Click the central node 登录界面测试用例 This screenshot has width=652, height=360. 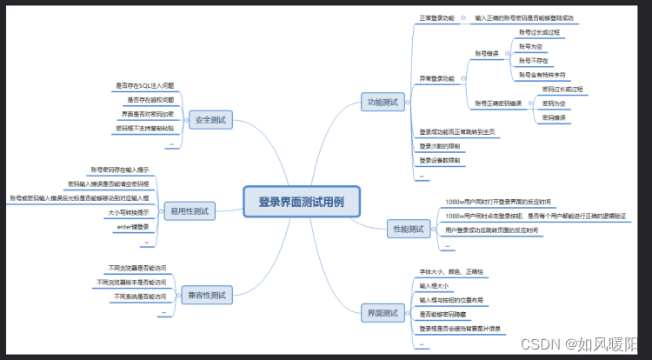[302, 202]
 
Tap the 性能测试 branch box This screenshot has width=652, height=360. [407, 229]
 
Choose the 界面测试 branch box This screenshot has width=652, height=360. [382, 312]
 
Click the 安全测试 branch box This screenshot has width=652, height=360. [210, 120]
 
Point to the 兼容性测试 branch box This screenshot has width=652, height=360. [205, 296]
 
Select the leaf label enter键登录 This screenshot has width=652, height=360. [133, 227]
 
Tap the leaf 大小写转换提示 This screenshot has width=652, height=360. [129, 211]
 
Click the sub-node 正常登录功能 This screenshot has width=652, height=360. [437, 17]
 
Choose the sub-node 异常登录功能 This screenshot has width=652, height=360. [437, 78]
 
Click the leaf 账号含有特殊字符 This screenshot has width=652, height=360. [542, 75]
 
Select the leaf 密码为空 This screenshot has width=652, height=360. [554, 103]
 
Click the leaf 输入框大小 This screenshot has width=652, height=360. [435, 285]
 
